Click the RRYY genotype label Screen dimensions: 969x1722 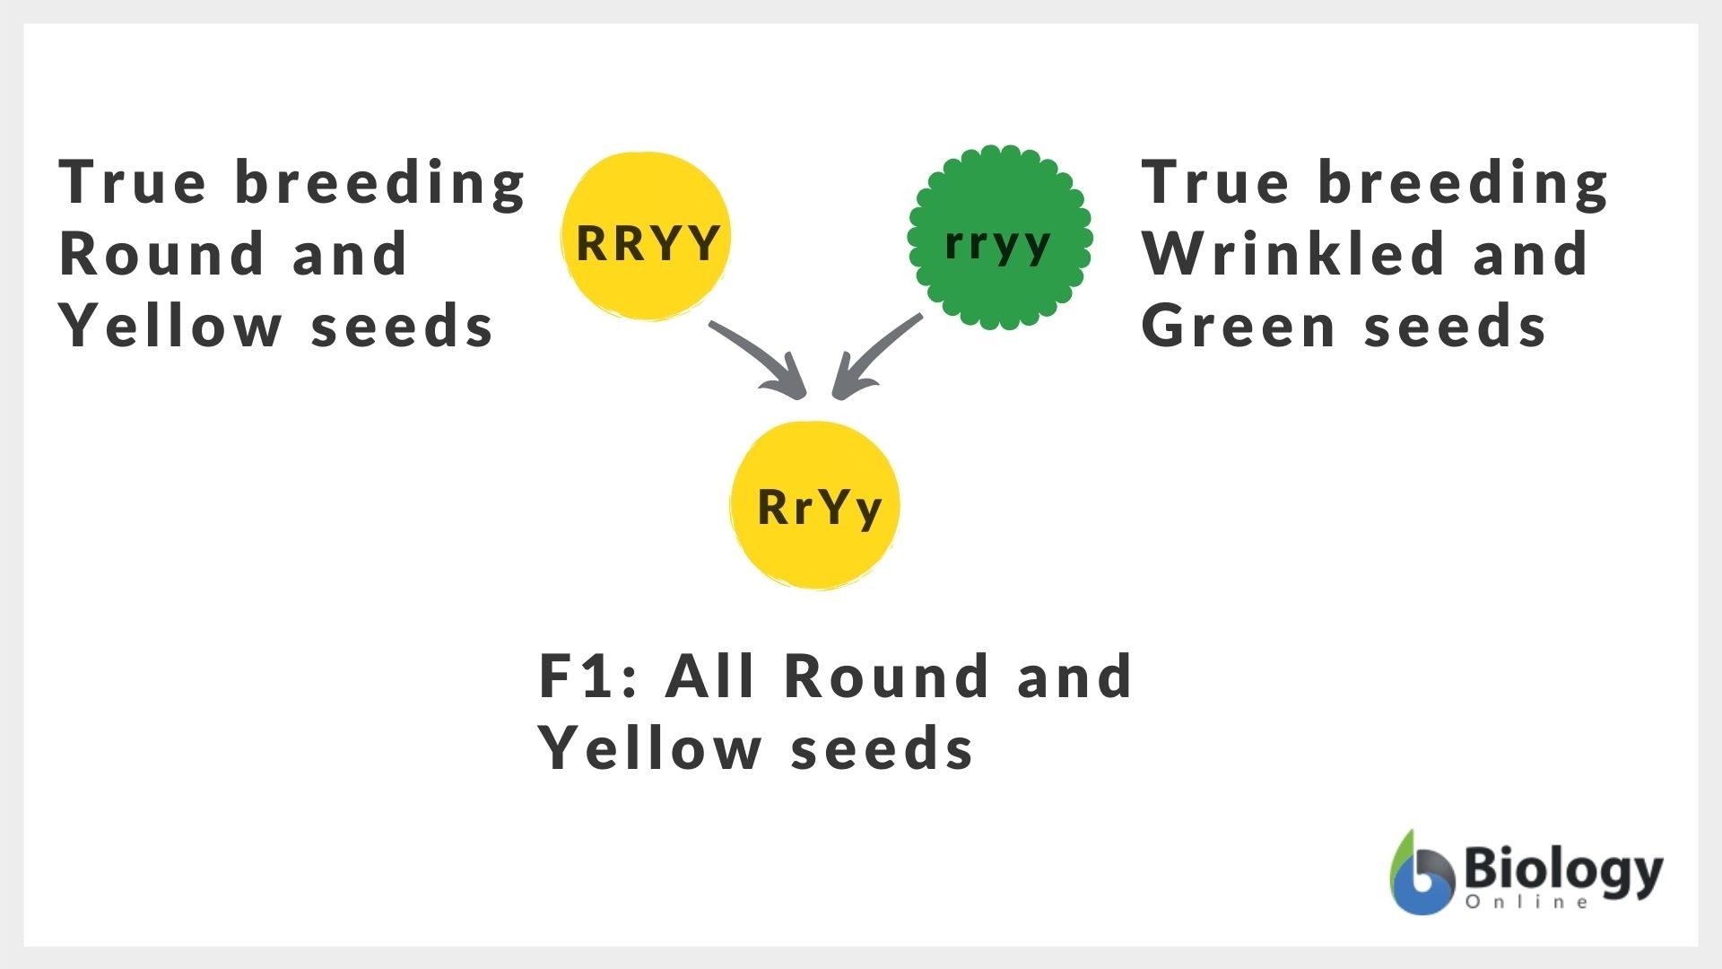pyautogui.click(x=648, y=242)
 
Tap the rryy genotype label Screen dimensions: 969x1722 pyautogui.click(x=997, y=242)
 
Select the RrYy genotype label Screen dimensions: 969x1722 pyautogui.click(x=819, y=508)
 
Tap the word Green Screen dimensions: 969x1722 pyautogui.click(x=1239, y=326)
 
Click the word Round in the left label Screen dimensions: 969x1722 pyautogui.click(x=161, y=254)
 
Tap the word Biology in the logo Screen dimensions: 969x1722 pyautogui.click(x=1562, y=869)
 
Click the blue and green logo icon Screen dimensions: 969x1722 pyautogui.click(x=1422, y=875)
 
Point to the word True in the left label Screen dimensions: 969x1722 pyautogui.click(x=133, y=182)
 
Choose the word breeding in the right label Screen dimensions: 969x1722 pyautogui.click(x=1463, y=182)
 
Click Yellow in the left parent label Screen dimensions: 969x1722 pyautogui.click(x=170, y=326)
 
